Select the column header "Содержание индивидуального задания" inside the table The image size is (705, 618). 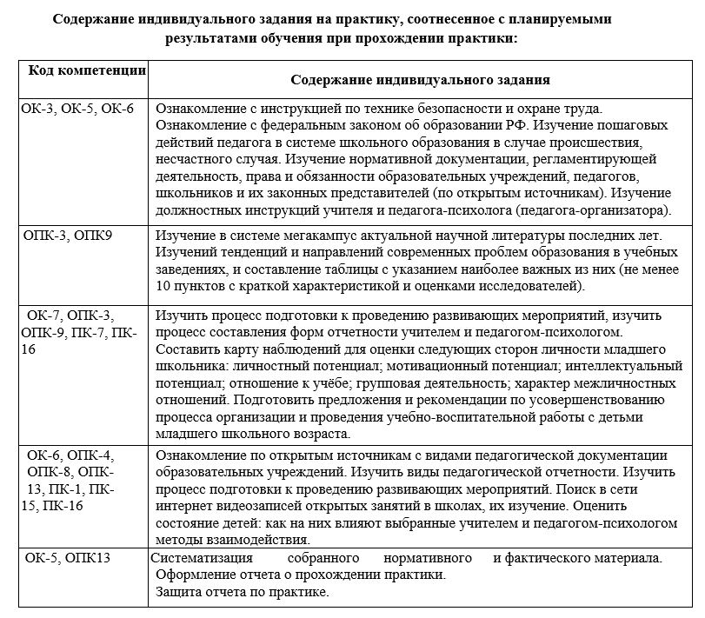coord(420,80)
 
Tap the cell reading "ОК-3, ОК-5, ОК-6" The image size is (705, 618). coord(78,109)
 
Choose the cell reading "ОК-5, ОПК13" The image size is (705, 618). coord(68,557)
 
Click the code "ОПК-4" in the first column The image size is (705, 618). coord(90,455)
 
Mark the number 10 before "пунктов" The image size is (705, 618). coord(163,286)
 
